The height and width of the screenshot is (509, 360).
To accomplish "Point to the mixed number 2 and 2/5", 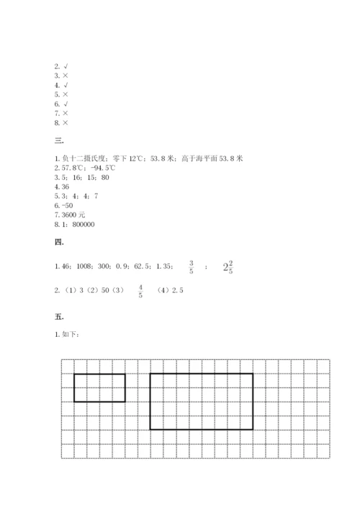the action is point(228,268).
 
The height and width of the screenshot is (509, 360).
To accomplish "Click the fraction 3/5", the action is point(191,268).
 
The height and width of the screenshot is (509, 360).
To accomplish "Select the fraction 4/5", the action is point(140,291).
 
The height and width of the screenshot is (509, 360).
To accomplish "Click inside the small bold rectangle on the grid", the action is point(99,387).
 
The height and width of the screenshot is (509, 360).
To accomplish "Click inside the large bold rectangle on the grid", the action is point(201,401).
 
